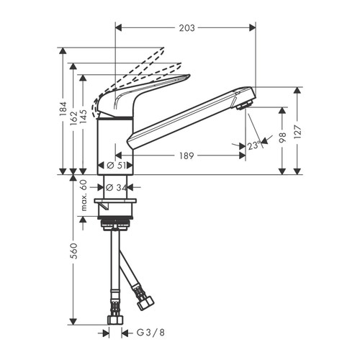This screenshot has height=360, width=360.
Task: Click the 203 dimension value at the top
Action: pos(186,28)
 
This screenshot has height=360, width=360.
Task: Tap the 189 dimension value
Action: pos(186,156)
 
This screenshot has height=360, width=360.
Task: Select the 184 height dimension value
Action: pos(63,109)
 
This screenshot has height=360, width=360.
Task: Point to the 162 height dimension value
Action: pos(73,118)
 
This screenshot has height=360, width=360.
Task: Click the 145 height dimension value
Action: pos(83,117)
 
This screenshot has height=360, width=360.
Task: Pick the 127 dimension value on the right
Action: pos(297,132)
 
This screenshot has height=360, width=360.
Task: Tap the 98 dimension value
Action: pos(283,138)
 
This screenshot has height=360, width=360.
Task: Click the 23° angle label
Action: pos(254,145)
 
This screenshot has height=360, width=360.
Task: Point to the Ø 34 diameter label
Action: pos(116,187)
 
